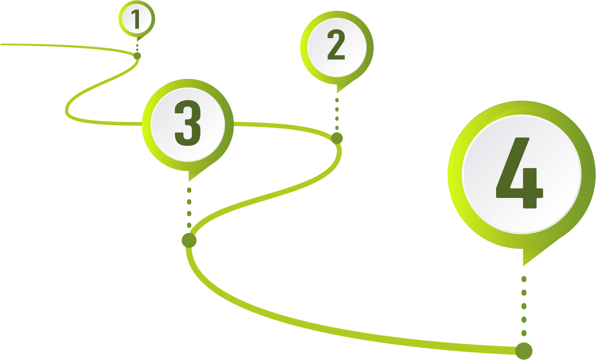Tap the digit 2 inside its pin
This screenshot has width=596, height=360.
336,45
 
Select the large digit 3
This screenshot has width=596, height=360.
188,123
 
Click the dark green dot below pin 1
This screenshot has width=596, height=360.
137,56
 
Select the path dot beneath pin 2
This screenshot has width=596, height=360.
337,138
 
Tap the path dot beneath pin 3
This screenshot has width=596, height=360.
189,240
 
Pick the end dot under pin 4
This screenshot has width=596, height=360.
524,351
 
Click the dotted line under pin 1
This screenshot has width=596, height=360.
137,47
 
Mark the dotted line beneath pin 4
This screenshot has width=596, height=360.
524,306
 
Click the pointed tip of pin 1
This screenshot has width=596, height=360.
137,40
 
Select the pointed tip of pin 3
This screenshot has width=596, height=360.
189,180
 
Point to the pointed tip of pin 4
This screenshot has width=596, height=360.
524,265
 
